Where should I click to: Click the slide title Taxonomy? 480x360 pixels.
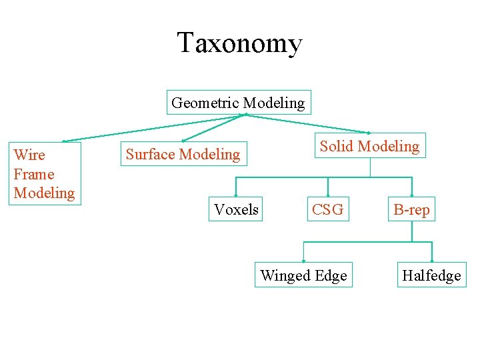239,43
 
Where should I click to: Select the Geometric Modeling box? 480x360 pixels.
238,103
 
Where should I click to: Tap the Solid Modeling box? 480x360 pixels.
369,146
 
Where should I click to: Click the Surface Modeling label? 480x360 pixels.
183,155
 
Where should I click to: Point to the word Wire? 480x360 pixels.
29,155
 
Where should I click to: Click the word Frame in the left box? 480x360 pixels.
33,174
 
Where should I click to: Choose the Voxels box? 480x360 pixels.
236,209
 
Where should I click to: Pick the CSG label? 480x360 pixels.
327,209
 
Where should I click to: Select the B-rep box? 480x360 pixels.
411,210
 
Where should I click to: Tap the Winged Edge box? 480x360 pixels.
303,275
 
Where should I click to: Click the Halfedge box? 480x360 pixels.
431,275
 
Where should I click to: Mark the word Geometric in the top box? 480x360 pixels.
205,103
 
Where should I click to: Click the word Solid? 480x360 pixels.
337,146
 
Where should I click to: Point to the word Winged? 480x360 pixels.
280,275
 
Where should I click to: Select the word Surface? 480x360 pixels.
149,155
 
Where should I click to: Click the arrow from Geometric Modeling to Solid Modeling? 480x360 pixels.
307,123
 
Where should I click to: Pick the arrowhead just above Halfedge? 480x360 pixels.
432,260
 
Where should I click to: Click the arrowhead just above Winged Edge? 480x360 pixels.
303,260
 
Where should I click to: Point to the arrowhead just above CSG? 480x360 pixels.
327,195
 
